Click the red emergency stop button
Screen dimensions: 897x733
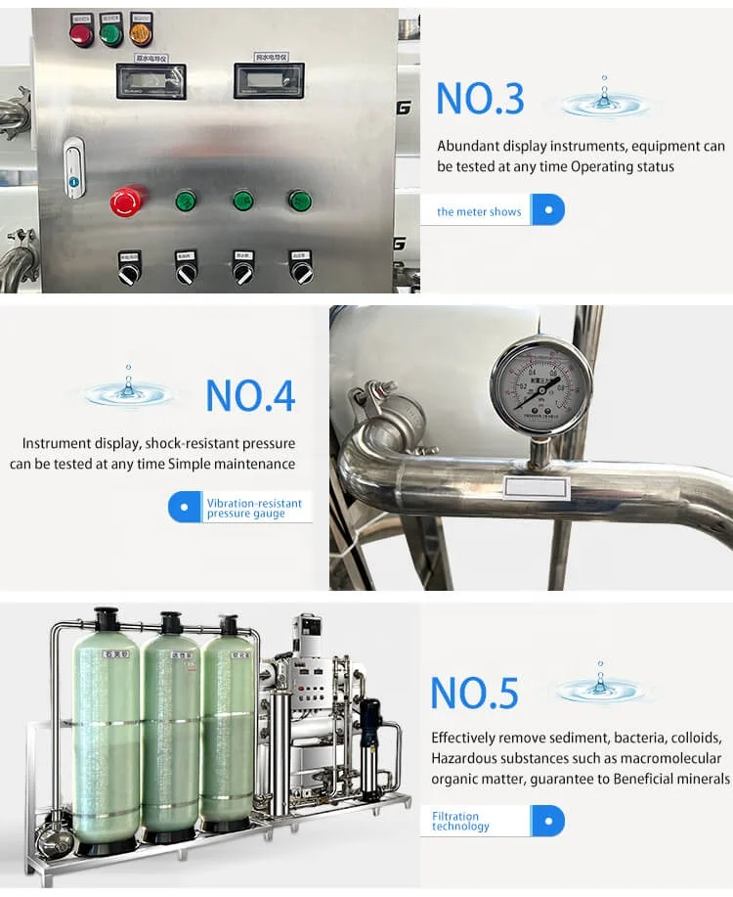click(128, 202)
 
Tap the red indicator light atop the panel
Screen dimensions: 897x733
click(80, 32)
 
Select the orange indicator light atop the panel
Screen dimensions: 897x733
click(141, 32)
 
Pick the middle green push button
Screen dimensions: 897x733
click(242, 201)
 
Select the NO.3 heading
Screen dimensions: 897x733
click(480, 99)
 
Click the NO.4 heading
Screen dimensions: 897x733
click(250, 394)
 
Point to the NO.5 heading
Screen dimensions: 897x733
click(475, 693)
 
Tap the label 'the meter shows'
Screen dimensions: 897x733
click(479, 211)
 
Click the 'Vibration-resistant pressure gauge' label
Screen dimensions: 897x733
click(254, 508)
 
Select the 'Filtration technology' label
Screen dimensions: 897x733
click(460, 821)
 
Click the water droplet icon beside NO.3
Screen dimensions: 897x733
click(603, 98)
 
